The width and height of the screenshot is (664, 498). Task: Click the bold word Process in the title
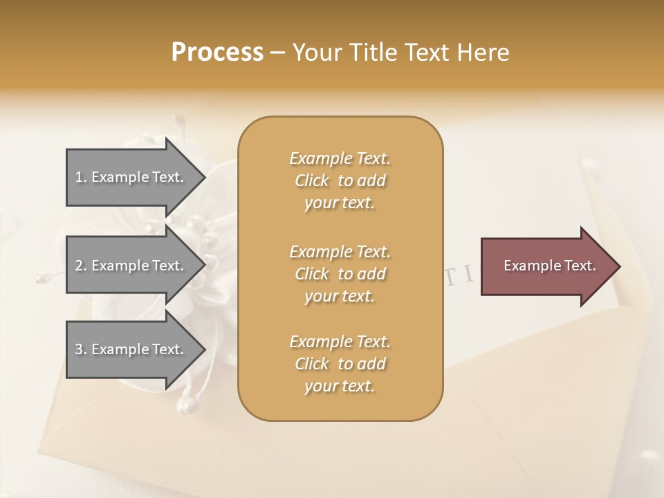click(217, 53)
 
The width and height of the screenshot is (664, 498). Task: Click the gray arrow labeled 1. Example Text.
click(129, 177)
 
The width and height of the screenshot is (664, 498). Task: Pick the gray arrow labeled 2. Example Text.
click(129, 266)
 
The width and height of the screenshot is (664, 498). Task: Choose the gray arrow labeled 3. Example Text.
click(129, 349)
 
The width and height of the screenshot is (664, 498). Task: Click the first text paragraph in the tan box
click(340, 181)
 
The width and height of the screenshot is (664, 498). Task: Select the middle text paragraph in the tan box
click(340, 274)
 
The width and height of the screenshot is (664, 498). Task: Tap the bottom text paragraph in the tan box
click(340, 364)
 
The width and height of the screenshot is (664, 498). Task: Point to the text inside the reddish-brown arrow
click(550, 266)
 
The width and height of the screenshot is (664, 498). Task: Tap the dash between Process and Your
click(278, 53)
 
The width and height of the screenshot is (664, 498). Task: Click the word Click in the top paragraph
click(312, 181)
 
